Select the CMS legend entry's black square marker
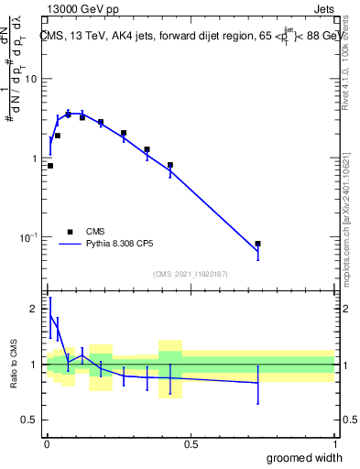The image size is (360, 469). (70, 232)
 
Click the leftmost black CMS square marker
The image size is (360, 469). (50, 166)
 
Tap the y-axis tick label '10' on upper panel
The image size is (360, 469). (30, 79)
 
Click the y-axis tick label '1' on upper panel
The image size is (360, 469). (33, 158)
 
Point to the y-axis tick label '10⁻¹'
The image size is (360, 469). (28, 237)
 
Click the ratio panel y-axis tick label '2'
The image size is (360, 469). (33, 309)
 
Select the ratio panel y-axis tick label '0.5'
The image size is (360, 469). (28, 420)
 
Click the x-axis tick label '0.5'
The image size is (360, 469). (191, 444)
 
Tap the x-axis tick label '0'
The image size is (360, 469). (47, 444)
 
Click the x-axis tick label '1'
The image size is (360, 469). (334, 444)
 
